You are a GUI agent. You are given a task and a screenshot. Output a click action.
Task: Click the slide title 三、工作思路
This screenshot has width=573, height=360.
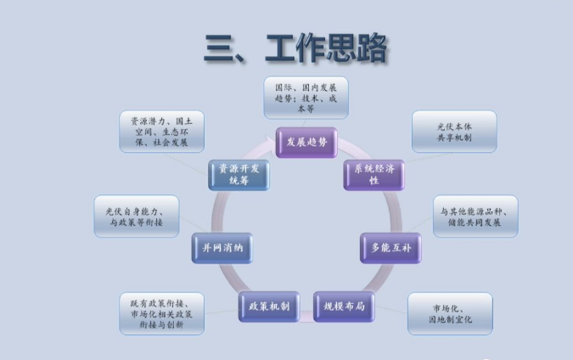tap(295, 49)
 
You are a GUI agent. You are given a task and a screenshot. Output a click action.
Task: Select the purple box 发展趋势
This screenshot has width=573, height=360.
tap(306, 141)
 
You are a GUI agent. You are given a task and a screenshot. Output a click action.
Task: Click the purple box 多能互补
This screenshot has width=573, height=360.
tap(390, 248)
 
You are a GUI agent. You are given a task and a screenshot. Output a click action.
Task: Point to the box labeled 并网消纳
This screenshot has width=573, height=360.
tap(222, 248)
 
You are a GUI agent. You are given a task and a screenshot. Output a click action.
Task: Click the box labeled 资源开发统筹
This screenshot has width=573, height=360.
tap(239, 175)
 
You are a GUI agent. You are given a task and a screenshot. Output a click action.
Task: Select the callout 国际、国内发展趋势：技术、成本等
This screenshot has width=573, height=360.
tap(306, 98)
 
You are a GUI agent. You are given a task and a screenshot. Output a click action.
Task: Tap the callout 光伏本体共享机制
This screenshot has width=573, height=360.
tap(453, 132)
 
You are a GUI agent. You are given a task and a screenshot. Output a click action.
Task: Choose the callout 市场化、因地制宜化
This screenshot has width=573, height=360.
tap(450, 313)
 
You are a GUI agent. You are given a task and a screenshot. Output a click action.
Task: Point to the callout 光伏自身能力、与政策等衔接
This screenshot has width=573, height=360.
tap(136, 216)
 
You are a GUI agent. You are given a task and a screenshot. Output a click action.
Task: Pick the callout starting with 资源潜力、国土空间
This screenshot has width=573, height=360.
tap(160, 132)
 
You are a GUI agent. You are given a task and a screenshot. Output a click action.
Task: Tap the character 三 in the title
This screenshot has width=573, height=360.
tap(218, 49)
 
